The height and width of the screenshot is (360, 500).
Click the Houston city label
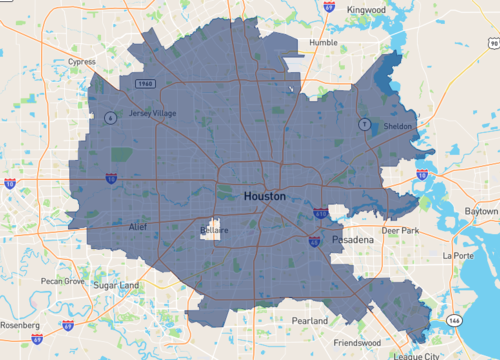coord(264,197)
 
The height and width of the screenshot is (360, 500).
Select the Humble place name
coord(323,43)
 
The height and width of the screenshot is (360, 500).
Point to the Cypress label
coord(82,61)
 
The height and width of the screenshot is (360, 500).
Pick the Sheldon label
coord(397,127)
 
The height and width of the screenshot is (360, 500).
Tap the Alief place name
coord(137,227)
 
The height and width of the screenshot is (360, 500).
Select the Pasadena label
coord(350,242)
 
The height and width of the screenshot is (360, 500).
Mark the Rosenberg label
coord(19,325)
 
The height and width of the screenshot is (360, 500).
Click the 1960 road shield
coord(145,85)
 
